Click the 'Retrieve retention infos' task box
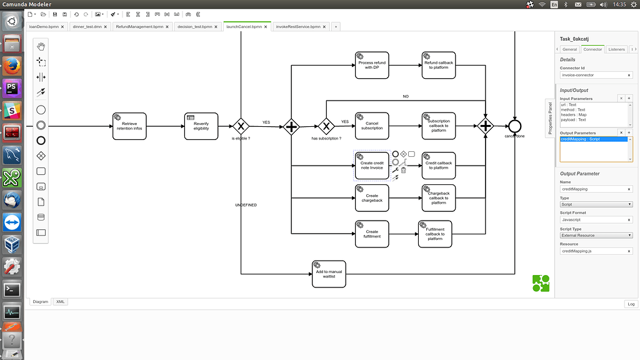point(129,126)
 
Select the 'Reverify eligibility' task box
point(201,126)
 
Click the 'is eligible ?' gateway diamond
point(241,126)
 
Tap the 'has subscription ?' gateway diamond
point(325,126)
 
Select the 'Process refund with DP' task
point(372,65)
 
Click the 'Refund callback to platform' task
point(438,65)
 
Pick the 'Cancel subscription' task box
point(372,126)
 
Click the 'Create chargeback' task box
point(372,198)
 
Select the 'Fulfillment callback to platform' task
point(434,234)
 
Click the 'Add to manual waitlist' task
point(329,274)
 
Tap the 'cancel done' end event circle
point(514,126)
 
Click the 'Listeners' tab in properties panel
point(616,49)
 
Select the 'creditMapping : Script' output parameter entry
point(593,139)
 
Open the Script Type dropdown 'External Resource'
point(596,236)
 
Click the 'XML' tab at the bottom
point(61,302)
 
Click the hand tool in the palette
point(41,47)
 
